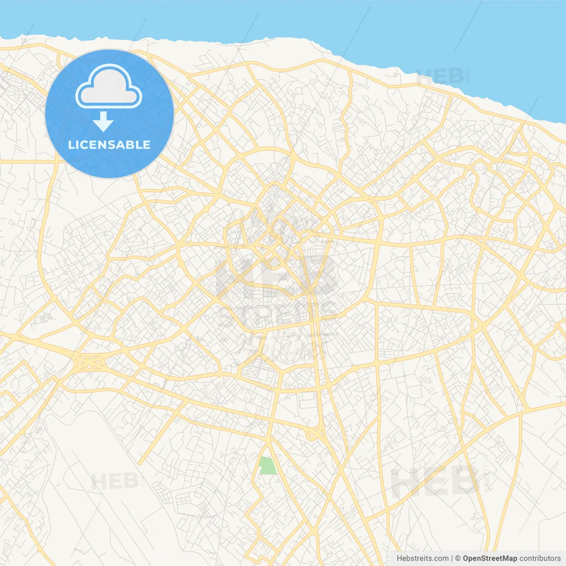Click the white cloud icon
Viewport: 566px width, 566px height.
(109, 87)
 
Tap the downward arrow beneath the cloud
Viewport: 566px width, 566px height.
(103, 121)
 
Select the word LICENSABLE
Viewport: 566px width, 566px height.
(109, 145)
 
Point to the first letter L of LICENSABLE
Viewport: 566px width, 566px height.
(71, 145)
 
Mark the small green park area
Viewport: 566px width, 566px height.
(267, 466)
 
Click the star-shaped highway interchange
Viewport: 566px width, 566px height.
(90, 363)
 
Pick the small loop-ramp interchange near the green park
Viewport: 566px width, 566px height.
(312, 435)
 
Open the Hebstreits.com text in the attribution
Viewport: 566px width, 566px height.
(422, 558)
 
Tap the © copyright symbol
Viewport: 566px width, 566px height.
(458, 558)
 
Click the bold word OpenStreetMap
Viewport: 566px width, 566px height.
(490, 558)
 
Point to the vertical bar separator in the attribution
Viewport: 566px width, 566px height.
(452, 558)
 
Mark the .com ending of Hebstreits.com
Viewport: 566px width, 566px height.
(441, 558)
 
